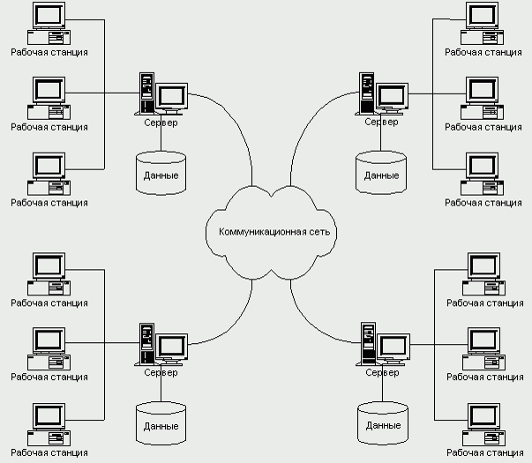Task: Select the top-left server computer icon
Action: click(x=162, y=95)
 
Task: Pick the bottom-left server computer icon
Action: click(x=162, y=346)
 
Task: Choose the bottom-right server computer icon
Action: click(x=383, y=346)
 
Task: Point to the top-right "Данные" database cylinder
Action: click(x=382, y=171)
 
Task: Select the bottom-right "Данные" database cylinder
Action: click(x=382, y=422)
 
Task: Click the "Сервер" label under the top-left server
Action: click(x=161, y=123)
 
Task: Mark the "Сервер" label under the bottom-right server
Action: click(x=382, y=373)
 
